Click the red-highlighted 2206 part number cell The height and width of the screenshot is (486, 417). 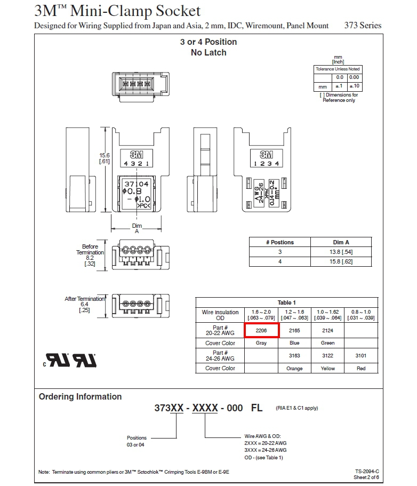[x=261, y=330]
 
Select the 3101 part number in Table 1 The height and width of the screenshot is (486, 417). [x=361, y=355]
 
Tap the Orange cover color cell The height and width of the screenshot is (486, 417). [x=294, y=368]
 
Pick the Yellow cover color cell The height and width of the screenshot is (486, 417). [x=328, y=368]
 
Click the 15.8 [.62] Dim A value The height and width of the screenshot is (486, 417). [x=341, y=261]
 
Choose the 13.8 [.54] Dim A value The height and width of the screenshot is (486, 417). [x=341, y=252]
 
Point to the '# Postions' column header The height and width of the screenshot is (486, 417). [x=280, y=242]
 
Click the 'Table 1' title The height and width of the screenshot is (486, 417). [x=286, y=302]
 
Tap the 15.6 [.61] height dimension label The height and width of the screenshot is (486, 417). [x=105, y=158]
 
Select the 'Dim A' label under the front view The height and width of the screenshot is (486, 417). [x=137, y=228]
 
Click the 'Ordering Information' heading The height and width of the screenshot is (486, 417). [x=80, y=396]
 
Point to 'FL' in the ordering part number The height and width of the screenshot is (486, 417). [x=257, y=408]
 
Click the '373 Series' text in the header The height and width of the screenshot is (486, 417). [x=363, y=26]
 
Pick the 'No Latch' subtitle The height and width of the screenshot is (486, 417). [x=208, y=52]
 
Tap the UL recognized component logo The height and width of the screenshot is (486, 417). [x=70, y=360]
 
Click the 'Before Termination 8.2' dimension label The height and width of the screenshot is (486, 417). [x=90, y=255]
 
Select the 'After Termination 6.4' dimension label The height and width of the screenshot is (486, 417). [x=84, y=304]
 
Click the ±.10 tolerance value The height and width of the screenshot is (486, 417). [x=355, y=86]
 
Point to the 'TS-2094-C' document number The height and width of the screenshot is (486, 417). [x=367, y=471]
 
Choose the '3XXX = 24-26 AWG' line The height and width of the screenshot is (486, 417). [x=266, y=450]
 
